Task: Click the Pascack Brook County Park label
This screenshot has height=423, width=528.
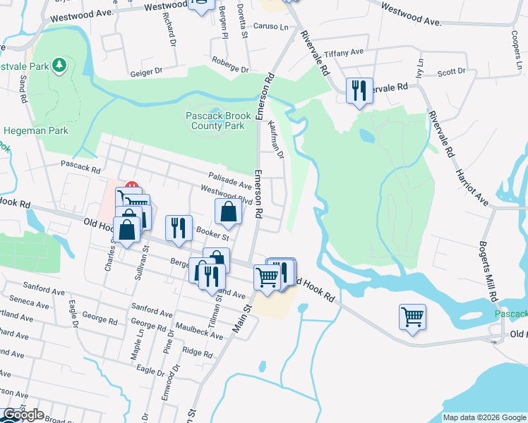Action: [x=215, y=121]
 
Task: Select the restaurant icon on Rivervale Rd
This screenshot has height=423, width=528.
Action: [x=359, y=90]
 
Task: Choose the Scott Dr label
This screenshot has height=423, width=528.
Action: [x=451, y=72]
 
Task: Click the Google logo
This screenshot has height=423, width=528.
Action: [x=23, y=415]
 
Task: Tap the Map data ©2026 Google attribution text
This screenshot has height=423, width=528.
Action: [x=484, y=417]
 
